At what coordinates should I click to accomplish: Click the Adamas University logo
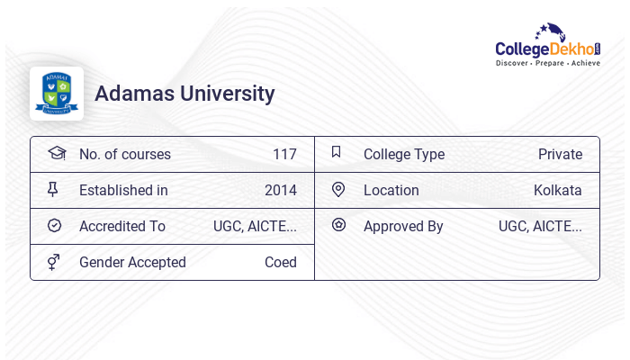click(56, 94)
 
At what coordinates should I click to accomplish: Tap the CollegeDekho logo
click(547, 44)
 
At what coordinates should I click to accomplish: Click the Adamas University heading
click(184, 94)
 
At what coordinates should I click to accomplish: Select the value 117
click(284, 154)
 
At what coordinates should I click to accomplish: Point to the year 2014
click(280, 190)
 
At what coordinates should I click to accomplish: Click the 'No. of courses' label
click(124, 154)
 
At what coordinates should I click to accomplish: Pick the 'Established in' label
click(123, 190)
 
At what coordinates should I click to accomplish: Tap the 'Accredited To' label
click(122, 226)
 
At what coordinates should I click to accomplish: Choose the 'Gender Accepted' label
click(132, 262)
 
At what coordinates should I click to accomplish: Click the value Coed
click(280, 262)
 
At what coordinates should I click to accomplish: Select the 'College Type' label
click(403, 154)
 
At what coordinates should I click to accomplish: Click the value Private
click(560, 154)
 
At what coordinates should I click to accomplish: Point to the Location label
click(391, 190)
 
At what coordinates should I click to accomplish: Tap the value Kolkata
click(557, 190)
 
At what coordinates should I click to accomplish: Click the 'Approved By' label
click(403, 226)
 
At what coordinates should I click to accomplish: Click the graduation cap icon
click(56, 153)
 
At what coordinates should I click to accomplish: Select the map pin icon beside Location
click(338, 189)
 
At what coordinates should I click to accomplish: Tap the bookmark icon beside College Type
click(337, 152)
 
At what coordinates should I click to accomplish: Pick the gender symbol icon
click(54, 262)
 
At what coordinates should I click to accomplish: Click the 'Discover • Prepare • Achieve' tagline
click(548, 64)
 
